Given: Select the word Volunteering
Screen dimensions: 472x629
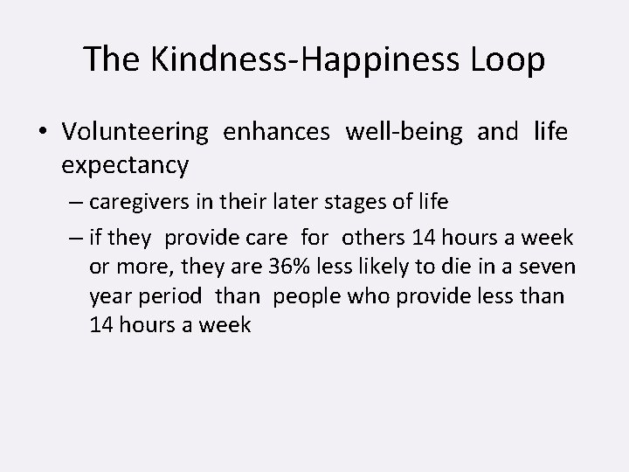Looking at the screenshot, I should pyautogui.click(x=135, y=132).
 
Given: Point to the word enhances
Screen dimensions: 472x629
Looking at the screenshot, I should pyautogui.click(x=276, y=132).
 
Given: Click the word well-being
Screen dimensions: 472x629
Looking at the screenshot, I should pyautogui.click(x=404, y=132).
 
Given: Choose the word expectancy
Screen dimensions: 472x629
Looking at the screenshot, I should pyautogui.click(x=125, y=163).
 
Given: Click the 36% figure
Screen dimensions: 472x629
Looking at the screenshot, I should pyautogui.click(x=266, y=266).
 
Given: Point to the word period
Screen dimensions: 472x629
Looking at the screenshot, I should pyautogui.click(x=169, y=296).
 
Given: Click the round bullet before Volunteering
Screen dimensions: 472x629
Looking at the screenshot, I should pyautogui.click(x=43, y=133).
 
